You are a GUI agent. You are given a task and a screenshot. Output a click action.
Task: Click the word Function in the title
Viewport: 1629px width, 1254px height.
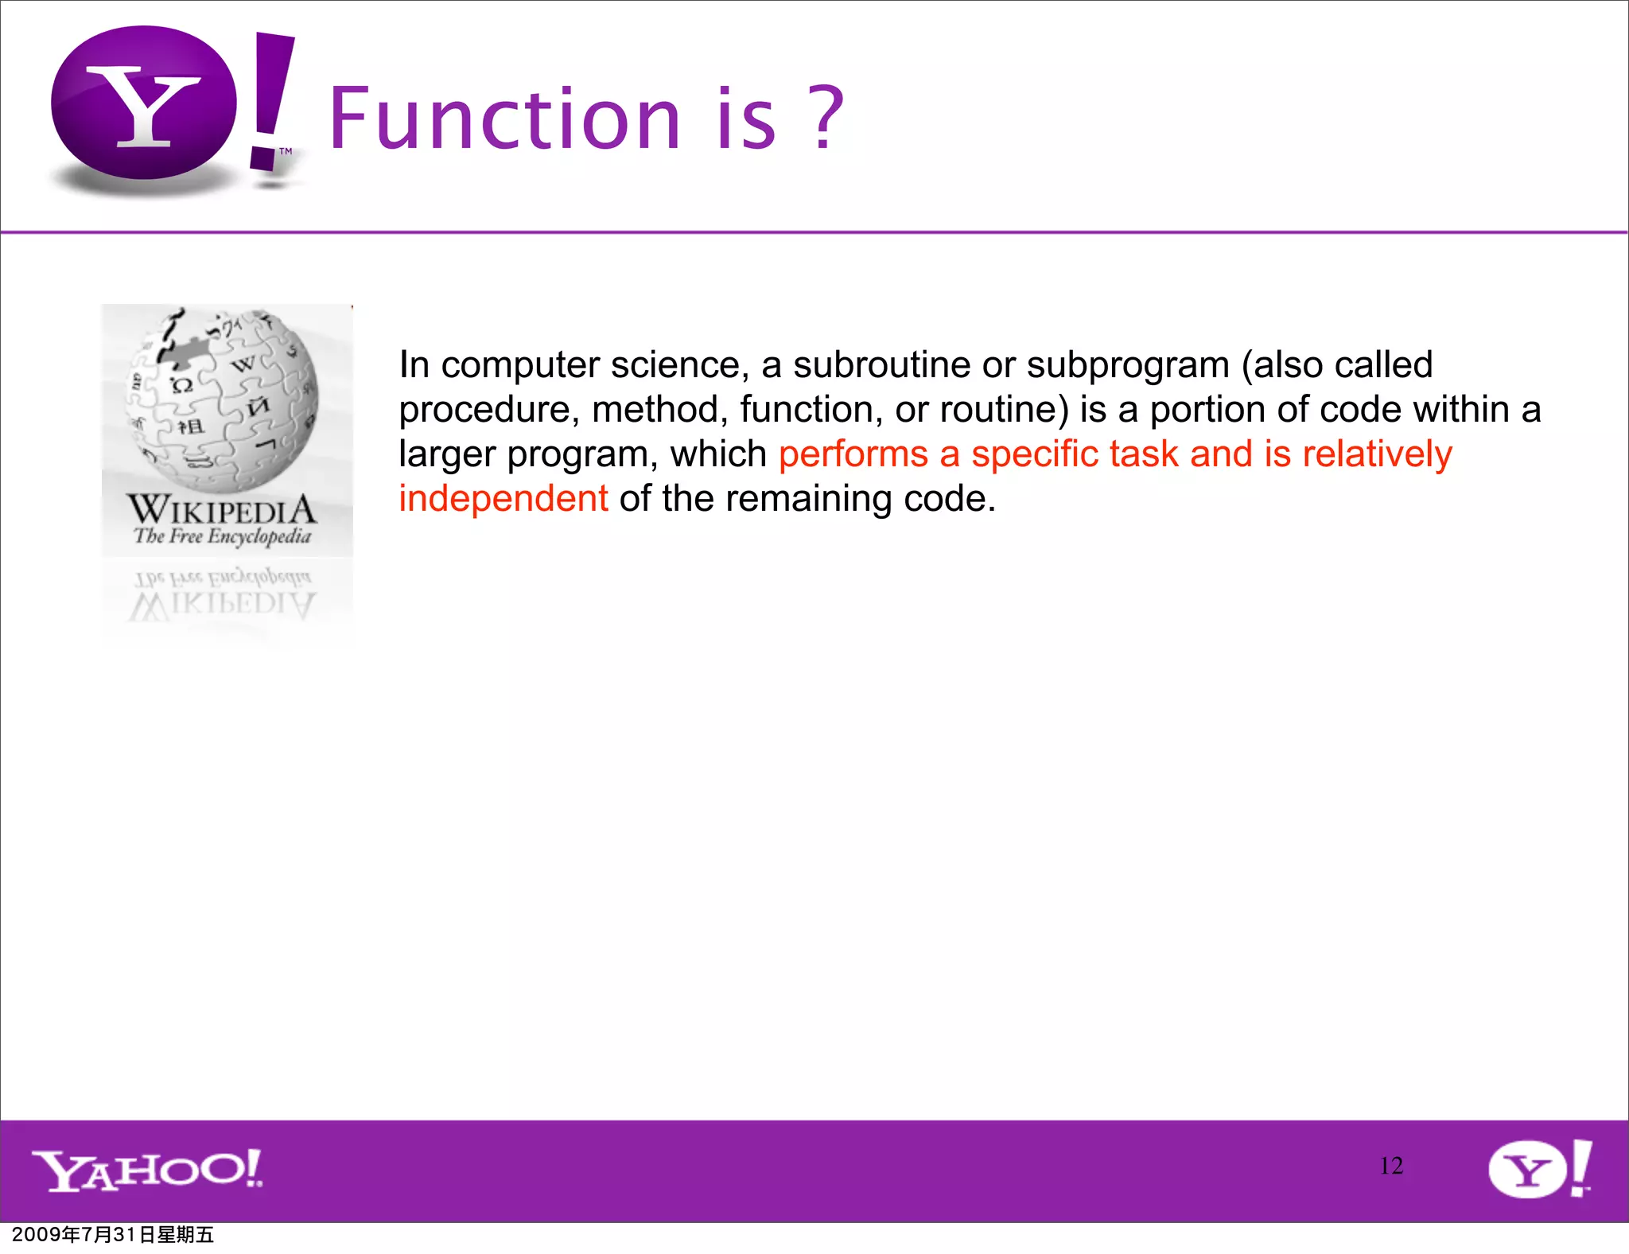(504, 119)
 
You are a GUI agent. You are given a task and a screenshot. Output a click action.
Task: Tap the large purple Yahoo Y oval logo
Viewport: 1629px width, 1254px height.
(144, 103)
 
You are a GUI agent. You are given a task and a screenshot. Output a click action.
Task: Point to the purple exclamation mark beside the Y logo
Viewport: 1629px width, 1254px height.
(271, 99)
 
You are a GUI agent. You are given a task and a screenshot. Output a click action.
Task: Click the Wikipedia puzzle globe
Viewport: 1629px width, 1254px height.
(223, 398)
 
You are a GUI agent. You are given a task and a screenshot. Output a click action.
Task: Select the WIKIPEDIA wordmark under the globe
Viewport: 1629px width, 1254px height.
(222, 509)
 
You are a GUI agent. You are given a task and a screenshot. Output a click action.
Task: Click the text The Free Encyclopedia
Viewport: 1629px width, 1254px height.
(222, 536)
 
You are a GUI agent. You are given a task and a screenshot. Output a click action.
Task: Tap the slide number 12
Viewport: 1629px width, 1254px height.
(1391, 1166)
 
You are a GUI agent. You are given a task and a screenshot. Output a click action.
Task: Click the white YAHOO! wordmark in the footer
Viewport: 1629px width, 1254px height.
(148, 1170)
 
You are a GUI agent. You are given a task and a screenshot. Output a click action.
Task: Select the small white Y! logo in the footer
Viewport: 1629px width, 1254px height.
(1539, 1168)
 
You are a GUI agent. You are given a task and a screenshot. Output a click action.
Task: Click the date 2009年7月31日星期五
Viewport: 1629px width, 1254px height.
(113, 1235)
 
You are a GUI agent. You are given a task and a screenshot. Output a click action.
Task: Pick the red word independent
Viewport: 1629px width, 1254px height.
(503, 499)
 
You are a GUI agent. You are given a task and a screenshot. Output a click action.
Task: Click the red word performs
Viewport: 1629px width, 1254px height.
(853, 454)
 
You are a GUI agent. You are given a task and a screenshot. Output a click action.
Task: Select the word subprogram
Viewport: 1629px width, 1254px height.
(1128, 365)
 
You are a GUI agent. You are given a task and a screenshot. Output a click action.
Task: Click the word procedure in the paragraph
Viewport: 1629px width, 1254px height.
(488, 411)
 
